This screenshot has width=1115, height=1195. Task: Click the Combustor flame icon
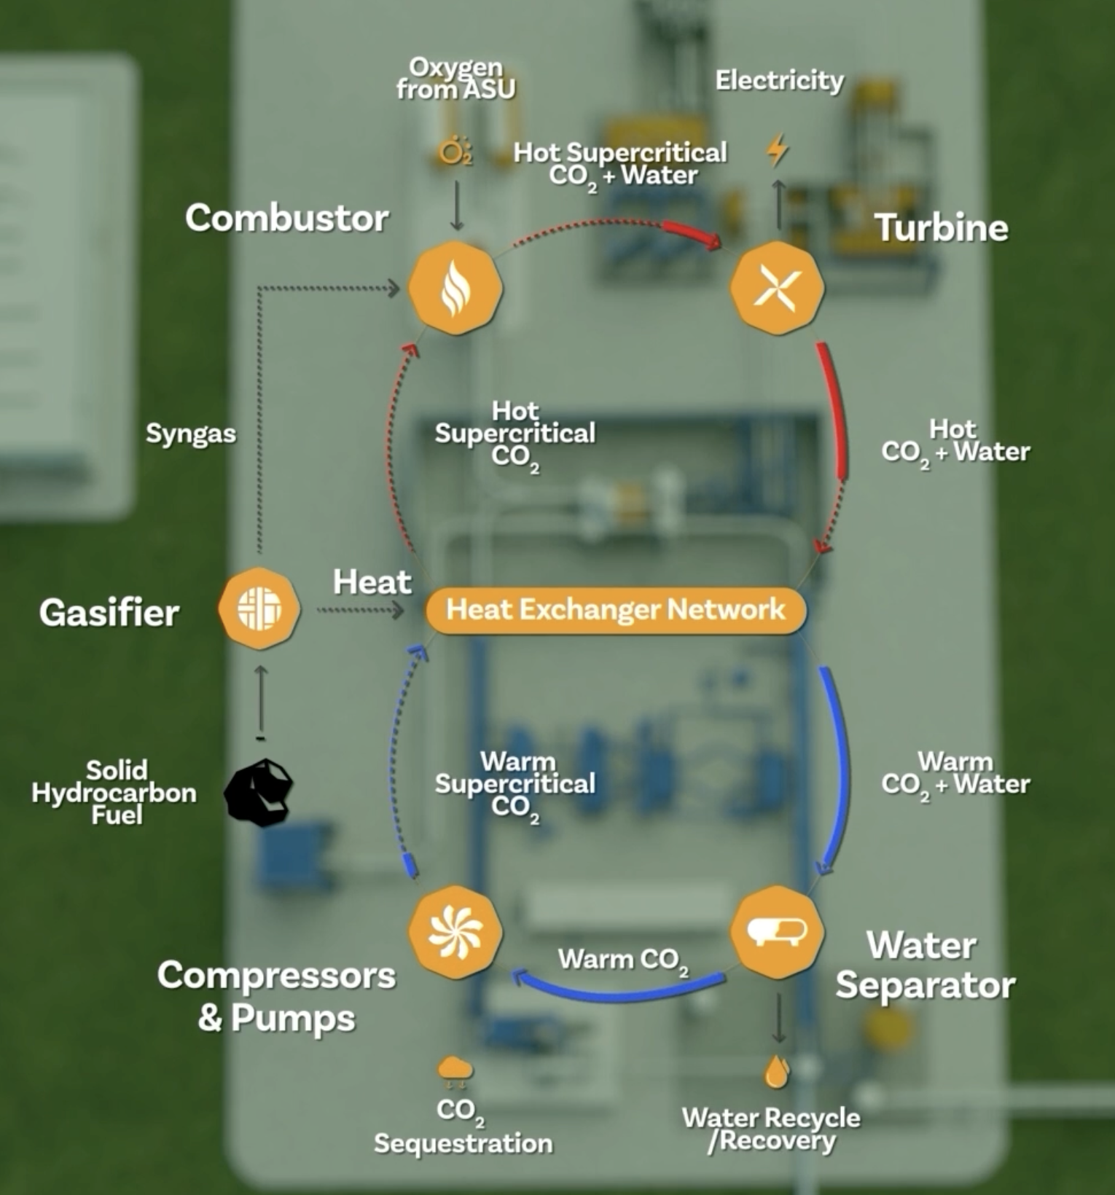coord(455,289)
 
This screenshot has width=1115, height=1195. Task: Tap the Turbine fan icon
coord(777,288)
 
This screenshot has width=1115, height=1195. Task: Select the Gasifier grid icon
coord(259,608)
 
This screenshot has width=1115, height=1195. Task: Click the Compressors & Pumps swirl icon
coord(455,933)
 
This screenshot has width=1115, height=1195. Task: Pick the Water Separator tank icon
coord(777,931)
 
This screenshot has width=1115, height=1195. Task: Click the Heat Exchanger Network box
coord(616,609)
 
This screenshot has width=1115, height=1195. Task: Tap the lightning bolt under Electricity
coord(778,149)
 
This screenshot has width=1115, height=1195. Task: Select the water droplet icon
coord(777,1071)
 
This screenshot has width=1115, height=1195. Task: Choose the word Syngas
coord(191,434)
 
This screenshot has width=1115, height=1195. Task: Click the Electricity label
coord(779,80)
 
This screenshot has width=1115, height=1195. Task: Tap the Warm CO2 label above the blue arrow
coord(623,960)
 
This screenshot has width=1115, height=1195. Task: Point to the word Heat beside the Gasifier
coord(372,581)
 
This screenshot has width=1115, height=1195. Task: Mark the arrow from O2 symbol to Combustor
coord(457,205)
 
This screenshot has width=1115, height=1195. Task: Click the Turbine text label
coord(941,227)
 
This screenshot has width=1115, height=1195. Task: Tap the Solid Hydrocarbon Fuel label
coord(114,792)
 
